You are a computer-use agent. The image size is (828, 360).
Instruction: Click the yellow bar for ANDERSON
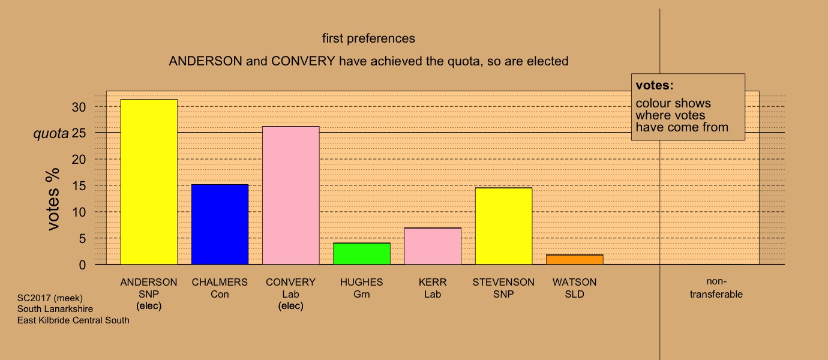(149, 182)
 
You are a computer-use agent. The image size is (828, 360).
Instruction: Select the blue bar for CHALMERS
(220, 224)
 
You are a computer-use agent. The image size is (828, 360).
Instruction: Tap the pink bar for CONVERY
(291, 196)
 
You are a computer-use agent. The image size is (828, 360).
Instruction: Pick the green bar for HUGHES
(362, 254)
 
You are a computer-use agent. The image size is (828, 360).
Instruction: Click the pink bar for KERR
(433, 246)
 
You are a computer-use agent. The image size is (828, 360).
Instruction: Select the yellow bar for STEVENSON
(504, 226)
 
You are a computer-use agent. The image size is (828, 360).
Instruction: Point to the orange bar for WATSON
(575, 260)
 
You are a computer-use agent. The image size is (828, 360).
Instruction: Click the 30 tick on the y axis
(79, 107)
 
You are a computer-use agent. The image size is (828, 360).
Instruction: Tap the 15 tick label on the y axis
(79, 185)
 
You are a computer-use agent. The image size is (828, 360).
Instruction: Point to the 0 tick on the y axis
(82, 265)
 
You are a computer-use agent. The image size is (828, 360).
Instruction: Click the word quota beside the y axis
(51, 133)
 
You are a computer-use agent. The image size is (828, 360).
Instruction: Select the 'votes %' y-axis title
(53, 199)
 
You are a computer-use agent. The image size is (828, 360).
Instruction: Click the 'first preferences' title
(368, 38)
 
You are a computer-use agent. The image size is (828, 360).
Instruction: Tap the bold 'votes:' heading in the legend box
(655, 85)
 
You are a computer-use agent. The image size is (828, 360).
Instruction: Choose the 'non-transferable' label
(716, 288)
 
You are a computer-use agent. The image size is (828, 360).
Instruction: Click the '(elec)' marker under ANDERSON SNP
(149, 306)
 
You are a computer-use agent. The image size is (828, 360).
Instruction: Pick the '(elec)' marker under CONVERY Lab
(291, 306)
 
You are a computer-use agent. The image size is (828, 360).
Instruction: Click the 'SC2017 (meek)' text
(50, 298)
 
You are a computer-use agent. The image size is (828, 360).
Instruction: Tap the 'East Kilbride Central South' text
(73, 320)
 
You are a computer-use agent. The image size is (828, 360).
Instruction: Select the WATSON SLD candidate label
(574, 288)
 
